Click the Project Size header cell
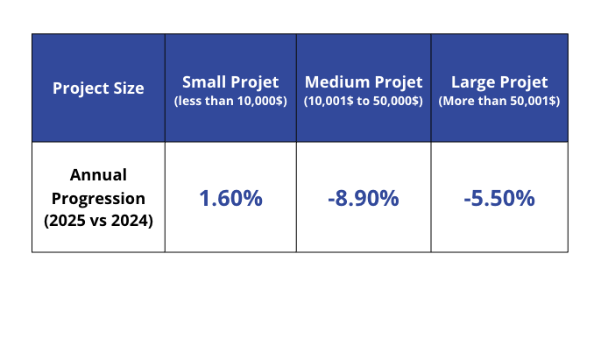[x=98, y=88]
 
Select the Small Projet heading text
[x=230, y=82]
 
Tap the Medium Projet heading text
[x=364, y=82]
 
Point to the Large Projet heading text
[x=499, y=82]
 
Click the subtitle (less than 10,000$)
[x=230, y=101]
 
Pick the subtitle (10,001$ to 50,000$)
[x=364, y=101]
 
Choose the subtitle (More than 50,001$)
[x=499, y=101]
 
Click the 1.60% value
[x=230, y=198]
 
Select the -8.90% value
[x=364, y=198]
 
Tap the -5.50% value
[x=499, y=198]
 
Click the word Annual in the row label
[x=98, y=174]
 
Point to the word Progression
[x=98, y=198]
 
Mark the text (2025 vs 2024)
[x=98, y=221]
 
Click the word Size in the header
[x=128, y=88]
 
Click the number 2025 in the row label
[x=67, y=221]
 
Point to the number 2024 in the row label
[x=131, y=221]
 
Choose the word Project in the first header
[x=81, y=88]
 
